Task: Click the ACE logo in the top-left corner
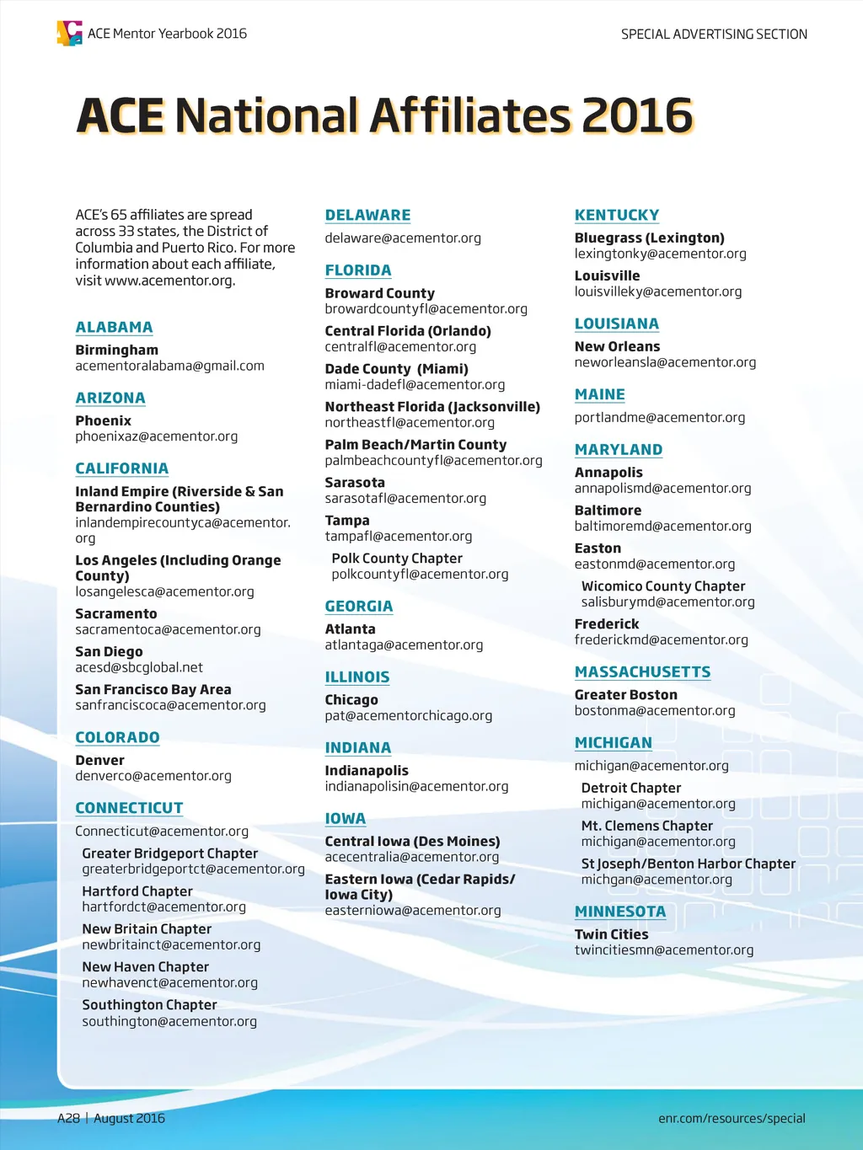click(69, 33)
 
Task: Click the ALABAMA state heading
click(114, 327)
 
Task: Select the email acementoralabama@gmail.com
click(169, 366)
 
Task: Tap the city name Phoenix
click(103, 420)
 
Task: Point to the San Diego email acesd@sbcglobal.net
click(139, 667)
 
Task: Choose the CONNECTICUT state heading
click(129, 808)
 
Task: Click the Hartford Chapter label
click(137, 891)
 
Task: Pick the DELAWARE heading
click(367, 215)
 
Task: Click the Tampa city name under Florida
click(347, 521)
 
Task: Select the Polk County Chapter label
click(397, 559)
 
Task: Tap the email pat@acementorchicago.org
click(409, 715)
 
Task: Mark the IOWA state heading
click(346, 818)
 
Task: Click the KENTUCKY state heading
click(617, 215)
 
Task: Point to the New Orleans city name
click(617, 346)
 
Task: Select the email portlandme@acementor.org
click(660, 417)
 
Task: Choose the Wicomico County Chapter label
click(663, 586)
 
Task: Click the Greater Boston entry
click(626, 695)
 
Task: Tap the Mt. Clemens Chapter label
click(646, 826)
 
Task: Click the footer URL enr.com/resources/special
click(732, 1118)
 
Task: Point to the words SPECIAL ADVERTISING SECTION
click(714, 35)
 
